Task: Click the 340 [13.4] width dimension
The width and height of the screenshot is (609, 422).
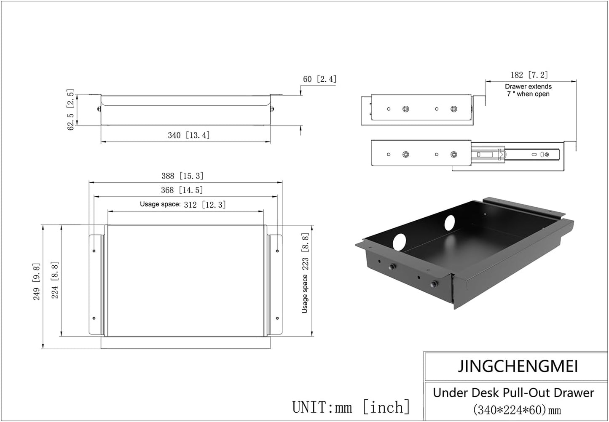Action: (x=188, y=135)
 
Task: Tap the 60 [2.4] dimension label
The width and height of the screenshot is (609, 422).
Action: (x=319, y=79)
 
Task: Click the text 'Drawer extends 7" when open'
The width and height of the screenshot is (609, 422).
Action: (x=528, y=90)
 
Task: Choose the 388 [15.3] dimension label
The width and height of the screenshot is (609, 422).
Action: (x=185, y=176)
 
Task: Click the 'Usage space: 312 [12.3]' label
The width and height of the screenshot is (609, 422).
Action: (x=182, y=205)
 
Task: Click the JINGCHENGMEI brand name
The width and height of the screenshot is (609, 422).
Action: (x=518, y=366)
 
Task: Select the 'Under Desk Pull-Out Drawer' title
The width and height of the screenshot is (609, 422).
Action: (x=513, y=393)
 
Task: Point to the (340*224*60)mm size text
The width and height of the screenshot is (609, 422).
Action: (x=517, y=409)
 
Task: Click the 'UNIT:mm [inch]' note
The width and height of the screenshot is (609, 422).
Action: (x=351, y=407)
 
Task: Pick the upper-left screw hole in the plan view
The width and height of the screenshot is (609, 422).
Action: (x=94, y=251)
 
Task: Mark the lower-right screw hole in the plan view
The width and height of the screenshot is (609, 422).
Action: (x=277, y=318)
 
